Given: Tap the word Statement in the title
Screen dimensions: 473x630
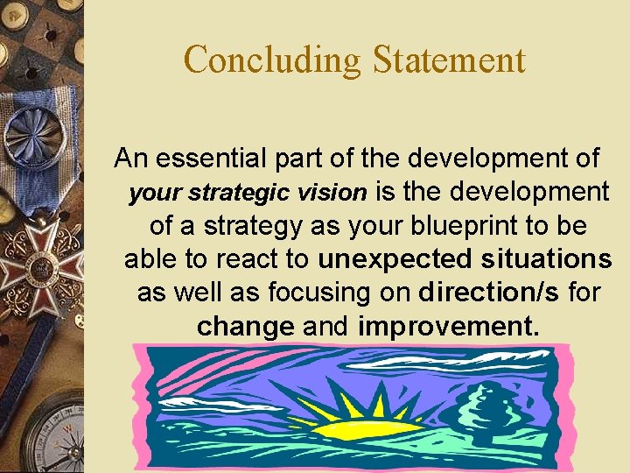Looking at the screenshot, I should pos(449,60).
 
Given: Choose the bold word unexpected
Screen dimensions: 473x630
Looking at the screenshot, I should pos(395,259).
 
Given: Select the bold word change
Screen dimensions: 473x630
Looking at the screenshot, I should pos(245,327).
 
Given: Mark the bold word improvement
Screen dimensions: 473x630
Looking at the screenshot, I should pos(444,327).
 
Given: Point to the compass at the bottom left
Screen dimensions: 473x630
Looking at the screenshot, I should pos(52,434).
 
